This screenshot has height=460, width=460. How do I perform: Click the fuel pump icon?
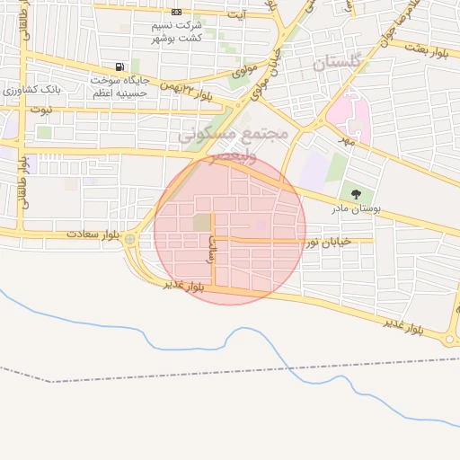[x=119, y=67]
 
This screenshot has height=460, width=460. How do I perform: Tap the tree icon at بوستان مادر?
[x=357, y=193]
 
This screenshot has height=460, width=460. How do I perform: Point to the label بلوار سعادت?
[x=92, y=234]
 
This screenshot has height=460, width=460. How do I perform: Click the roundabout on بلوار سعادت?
[x=130, y=239]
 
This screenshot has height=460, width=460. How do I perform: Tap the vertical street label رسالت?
[x=213, y=248]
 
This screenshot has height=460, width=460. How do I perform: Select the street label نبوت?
[x=42, y=109]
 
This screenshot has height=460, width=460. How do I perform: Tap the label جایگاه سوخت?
[x=111, y=80]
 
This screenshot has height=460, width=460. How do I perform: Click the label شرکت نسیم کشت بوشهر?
[x=177, y=32]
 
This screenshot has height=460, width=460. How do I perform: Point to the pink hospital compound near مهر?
[x=341, y=115]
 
